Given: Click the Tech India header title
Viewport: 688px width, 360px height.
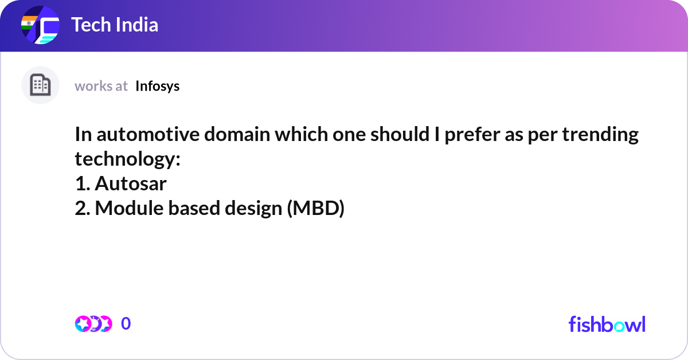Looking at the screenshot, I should [115, 25].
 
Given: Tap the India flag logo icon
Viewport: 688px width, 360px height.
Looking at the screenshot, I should [40, 26].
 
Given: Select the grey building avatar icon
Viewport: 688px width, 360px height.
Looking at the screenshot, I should [40, 85].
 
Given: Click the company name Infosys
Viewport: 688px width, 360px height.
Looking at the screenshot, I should [158, 86].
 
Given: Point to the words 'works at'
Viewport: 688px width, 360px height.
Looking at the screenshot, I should [101, 86].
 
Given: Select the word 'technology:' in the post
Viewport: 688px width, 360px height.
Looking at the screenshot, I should [127, 159].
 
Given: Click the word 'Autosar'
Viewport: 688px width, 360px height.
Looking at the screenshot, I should [131, 183].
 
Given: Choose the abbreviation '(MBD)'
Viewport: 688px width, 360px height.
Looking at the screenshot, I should [315, 208].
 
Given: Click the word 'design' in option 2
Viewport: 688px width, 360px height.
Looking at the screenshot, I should [252, 208].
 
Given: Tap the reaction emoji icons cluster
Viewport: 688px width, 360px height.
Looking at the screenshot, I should [93, 324].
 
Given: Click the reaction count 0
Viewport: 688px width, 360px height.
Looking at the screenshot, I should [126, 324].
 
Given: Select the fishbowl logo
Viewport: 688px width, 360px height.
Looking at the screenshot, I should [607, 324].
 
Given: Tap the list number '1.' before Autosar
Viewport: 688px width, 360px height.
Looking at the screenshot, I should [83, 183].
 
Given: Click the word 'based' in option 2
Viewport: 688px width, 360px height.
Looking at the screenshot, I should [193, 208].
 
